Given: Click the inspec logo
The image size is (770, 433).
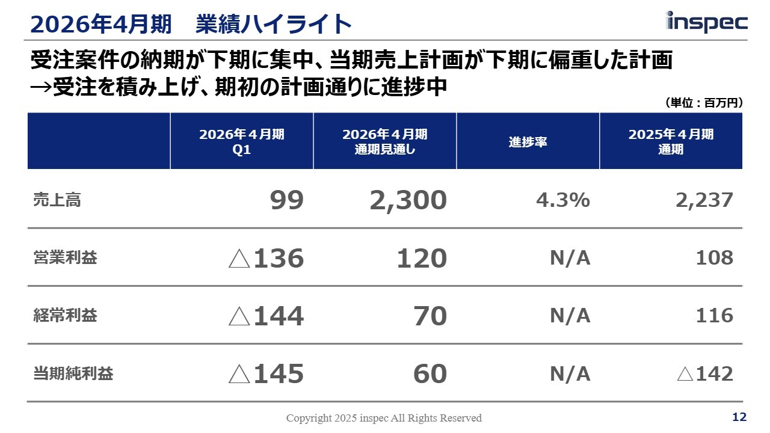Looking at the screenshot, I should [x=707, y=22].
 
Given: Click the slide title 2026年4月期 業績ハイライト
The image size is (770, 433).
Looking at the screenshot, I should [x=190, y=24].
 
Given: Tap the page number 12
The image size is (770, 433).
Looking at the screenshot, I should [x=739, y=417].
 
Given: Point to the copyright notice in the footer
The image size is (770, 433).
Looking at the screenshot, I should [x=384, y=418].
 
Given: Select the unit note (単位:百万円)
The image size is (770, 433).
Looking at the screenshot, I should [x=704, y=103].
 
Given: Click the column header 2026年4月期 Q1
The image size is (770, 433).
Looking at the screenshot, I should [x=242, y=142].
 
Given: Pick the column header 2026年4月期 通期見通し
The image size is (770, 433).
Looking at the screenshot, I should [x=385, y=142].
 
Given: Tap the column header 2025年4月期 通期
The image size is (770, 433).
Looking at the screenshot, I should [x=671, y=142].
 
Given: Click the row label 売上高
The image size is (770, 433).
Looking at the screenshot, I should [x=57, y=200].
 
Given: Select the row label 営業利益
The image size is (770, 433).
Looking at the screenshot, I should [x=64, y=258].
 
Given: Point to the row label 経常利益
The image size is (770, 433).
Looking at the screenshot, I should [x=64, y=316].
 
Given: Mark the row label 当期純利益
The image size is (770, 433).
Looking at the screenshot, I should [x=73, y=374].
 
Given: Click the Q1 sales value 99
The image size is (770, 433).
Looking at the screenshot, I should [x=287, y=200].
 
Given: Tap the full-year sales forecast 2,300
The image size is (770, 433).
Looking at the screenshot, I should [x=408, y=200].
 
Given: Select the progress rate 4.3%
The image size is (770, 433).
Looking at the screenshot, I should [x=562, y=200].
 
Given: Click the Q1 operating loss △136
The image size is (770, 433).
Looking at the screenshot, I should [x=266, y=259].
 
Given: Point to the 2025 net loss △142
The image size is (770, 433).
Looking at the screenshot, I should [x=705, y=374].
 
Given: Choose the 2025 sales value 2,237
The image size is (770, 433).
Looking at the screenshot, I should [x=704, y=200].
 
